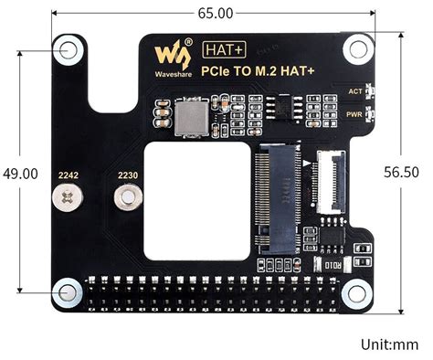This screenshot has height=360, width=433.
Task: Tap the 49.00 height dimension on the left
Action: coord(20,174)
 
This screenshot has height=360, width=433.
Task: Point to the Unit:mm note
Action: coord(389,344)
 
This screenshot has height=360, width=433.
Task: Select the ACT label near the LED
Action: coord(356,91)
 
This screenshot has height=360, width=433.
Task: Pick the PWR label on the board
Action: coord(356,114)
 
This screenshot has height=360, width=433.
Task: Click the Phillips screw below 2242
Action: coord(67,196)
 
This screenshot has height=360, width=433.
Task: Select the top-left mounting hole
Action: coord(68,51)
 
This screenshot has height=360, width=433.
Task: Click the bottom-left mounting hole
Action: coord(68,292)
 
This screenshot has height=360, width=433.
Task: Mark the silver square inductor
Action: coord(193,116)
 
